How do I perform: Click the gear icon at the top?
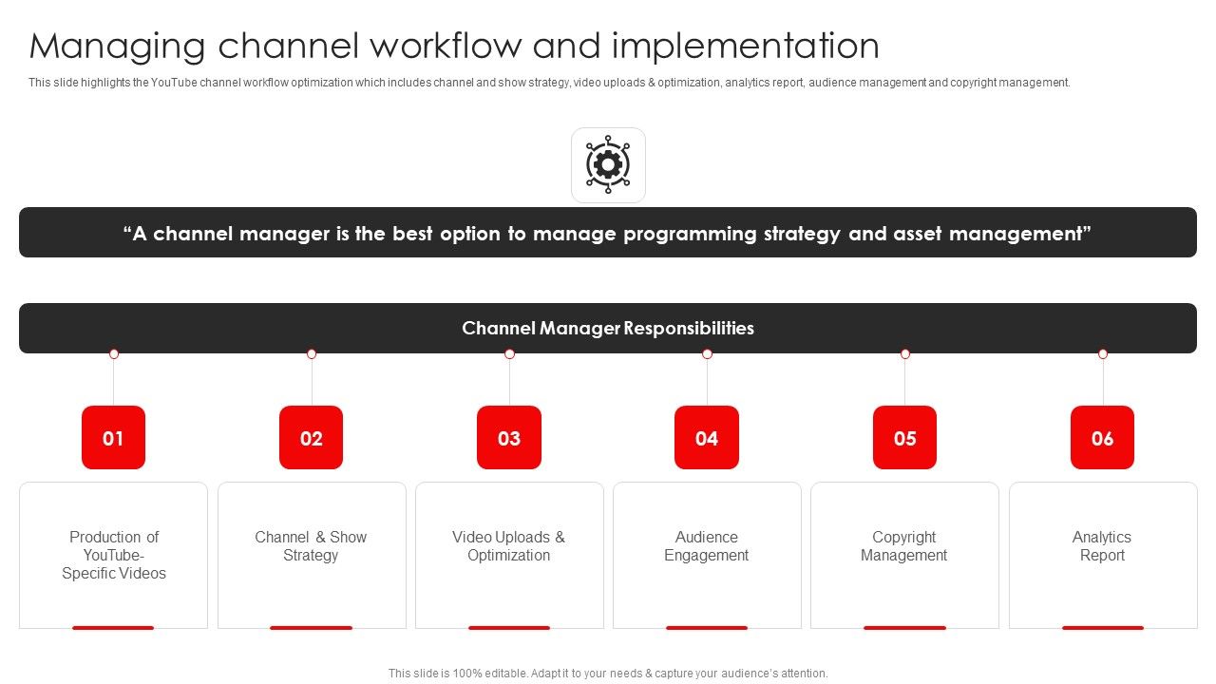point(607,165)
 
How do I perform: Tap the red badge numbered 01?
point(113,438)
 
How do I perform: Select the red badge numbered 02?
point(312,438)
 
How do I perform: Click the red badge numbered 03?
point(509,438)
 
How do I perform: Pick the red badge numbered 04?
point(707,438)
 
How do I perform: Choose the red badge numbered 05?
point(904,438)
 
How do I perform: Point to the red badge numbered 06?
point(1102,438)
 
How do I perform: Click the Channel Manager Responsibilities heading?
point(608,329)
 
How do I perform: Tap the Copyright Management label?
point(904,546)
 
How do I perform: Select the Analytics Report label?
point(1102,546)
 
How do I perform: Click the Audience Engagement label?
point(707,546)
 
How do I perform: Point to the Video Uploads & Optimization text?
point(509,546)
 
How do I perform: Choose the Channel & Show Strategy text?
point(311,546)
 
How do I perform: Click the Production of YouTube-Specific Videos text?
point(114,555)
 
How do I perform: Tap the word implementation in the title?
point(745,46)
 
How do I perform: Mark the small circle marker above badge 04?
point(707,353)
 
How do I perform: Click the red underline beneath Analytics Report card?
point(1102,627)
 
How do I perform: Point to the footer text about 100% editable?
point(608,673)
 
